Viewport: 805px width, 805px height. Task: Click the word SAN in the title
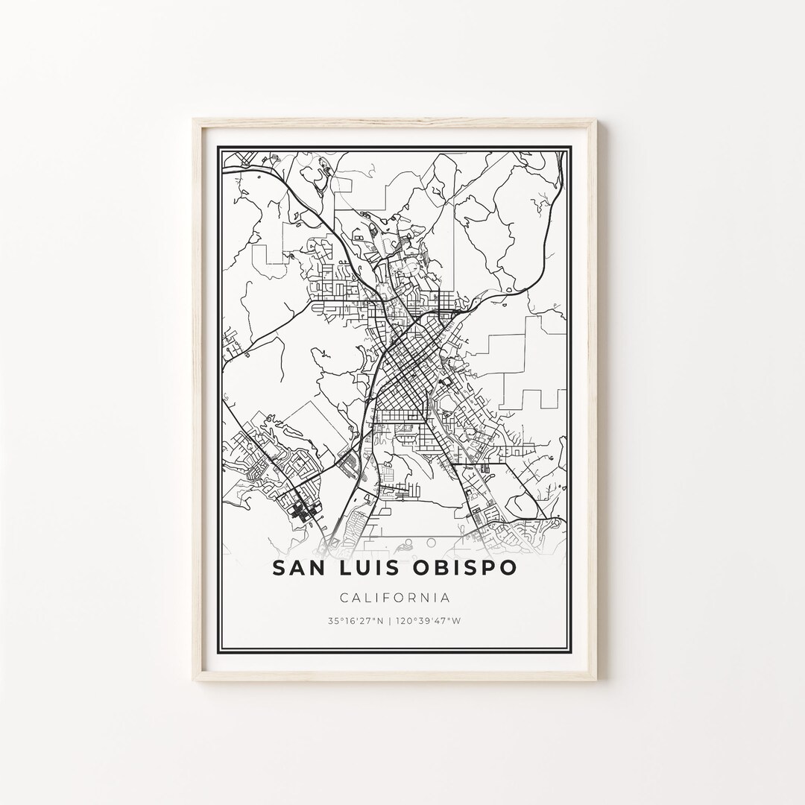(x=299, y=568)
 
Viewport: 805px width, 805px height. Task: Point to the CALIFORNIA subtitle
(x=394, y=597)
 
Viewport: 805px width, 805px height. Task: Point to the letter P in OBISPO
(x=483, y=568)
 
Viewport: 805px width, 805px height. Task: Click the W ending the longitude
(x=458, y=621)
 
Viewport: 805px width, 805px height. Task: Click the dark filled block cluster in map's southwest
(x=303, y=511)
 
